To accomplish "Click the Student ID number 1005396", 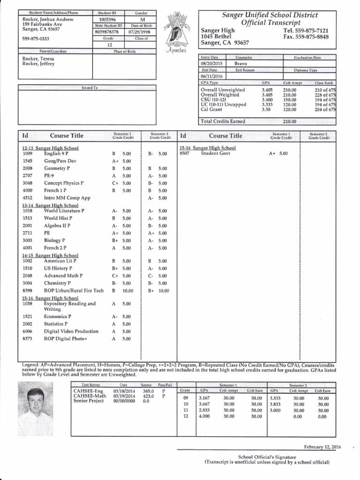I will pos(108,19).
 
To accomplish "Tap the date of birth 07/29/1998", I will pos(141,32).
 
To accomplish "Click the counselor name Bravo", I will pos(241,63).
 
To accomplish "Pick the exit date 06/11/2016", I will pos(212,76).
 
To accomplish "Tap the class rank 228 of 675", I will pos(325,95).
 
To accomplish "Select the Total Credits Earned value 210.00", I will pos(290,121).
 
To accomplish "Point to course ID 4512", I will pos(27,198).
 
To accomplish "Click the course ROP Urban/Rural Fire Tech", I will pos(74,291).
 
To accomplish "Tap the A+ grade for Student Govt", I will pos(272,153).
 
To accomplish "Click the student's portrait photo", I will pos(35,405).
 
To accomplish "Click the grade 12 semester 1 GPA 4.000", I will pos(204,416).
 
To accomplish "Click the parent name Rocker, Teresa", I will pos(38,59).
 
